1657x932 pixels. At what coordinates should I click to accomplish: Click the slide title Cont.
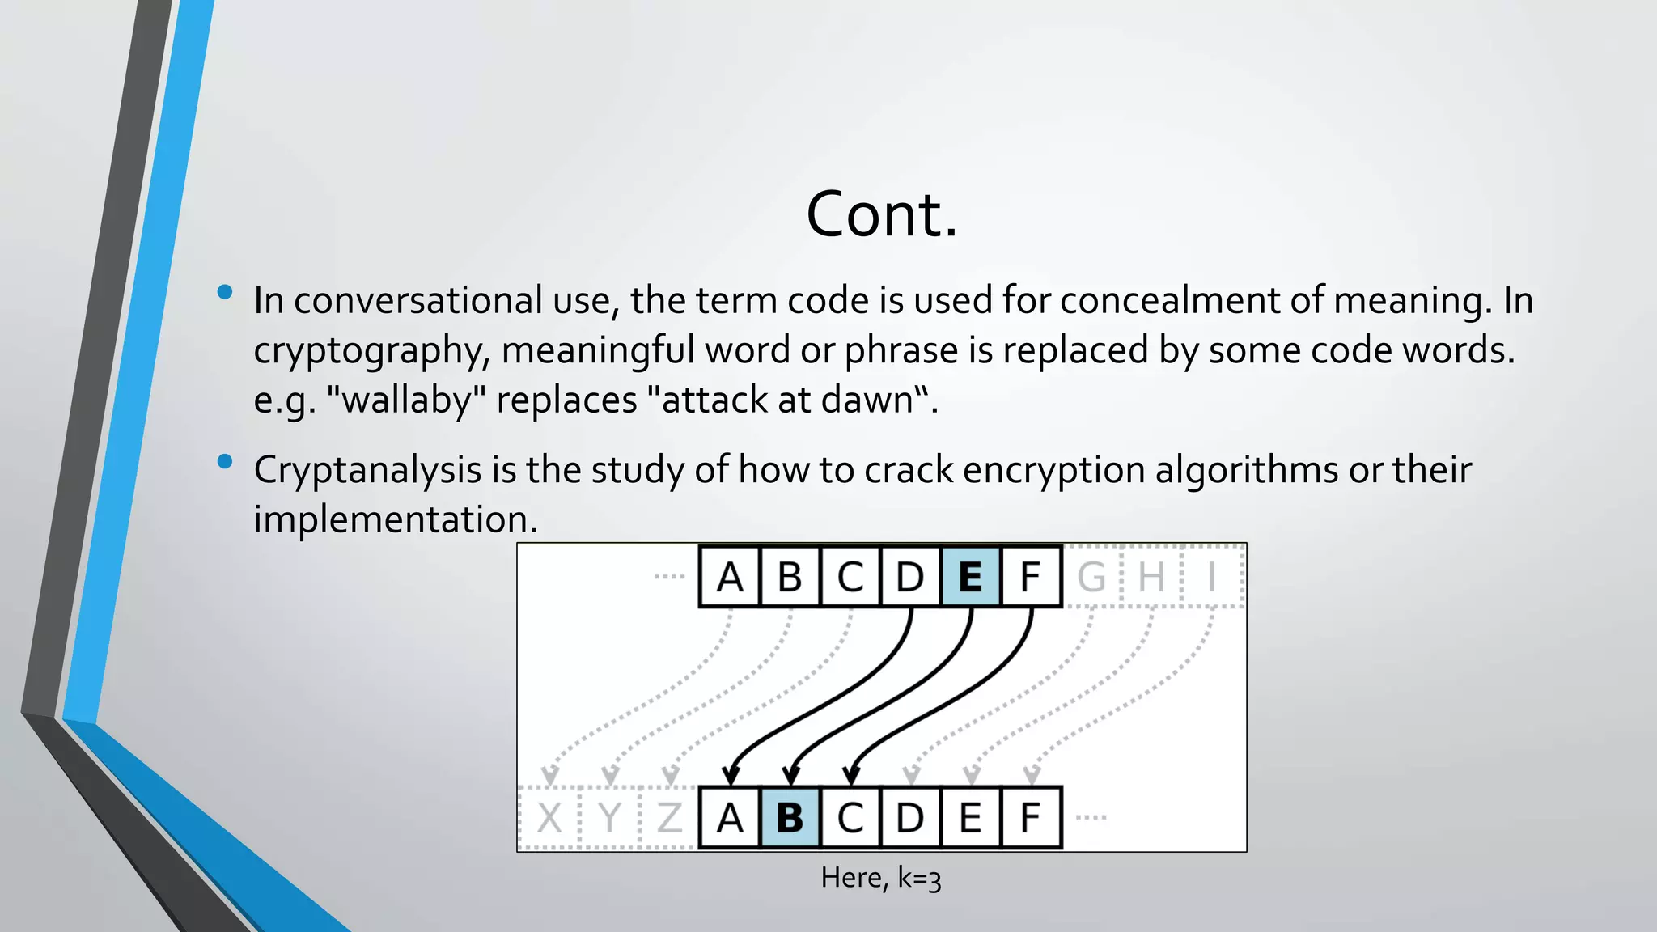coord(882,214)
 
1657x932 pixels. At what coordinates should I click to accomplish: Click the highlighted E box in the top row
coord(970,577)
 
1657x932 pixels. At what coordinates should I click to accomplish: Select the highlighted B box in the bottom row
coord(790,817)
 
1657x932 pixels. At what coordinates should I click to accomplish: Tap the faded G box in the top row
coord(1091,577)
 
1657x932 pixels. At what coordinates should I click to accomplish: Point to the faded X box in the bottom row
coord(549,817)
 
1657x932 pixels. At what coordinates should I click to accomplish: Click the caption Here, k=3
coord(881,878)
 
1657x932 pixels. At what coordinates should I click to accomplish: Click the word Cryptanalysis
coord(367,470)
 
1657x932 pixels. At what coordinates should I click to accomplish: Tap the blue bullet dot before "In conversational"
coord(225,292)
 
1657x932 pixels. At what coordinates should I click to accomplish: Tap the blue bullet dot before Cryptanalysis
coord(225,462)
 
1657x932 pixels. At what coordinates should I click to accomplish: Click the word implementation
coord(395,519)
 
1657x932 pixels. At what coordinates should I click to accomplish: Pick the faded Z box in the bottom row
coord(669,817)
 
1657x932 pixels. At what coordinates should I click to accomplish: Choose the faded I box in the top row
coord(1211,577)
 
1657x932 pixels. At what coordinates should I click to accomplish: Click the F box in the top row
coord(1030,577)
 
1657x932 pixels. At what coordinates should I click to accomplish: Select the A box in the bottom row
coord(730,817)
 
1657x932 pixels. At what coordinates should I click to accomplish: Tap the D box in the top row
coord(909,577)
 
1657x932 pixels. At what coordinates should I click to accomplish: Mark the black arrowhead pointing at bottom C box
coord(851,775)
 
